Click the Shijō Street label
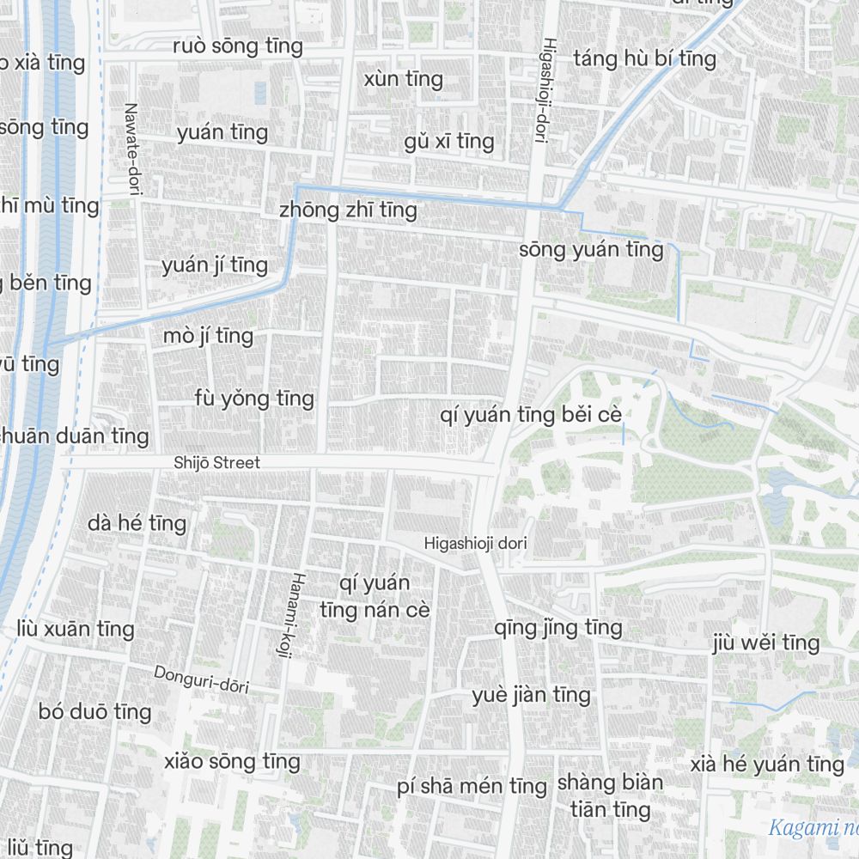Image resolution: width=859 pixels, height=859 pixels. point(216,463)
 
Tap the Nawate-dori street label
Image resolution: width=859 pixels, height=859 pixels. point(131,150)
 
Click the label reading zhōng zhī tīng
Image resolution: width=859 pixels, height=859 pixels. point(348,210)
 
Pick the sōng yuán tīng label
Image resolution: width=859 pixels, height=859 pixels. point(591,250)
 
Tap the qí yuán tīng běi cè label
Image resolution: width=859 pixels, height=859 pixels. point(530,416)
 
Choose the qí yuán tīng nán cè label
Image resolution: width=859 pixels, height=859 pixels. point(375,597)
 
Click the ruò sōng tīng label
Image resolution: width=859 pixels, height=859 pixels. point(238,46)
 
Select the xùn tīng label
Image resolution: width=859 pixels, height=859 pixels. point(403,79)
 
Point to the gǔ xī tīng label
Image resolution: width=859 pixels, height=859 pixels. point(449,141)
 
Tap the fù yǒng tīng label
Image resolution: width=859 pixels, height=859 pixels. point(254,399)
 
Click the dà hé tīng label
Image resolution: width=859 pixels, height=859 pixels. point(137,522)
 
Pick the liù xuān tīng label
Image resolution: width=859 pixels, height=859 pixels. point(76,629)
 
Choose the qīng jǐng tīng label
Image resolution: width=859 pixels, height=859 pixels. point(558,628)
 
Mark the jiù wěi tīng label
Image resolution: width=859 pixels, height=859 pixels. point(766,643)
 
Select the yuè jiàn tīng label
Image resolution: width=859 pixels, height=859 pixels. point(531,694)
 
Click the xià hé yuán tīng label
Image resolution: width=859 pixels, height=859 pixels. point(767,764)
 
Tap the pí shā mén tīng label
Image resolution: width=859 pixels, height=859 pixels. point(472,786)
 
